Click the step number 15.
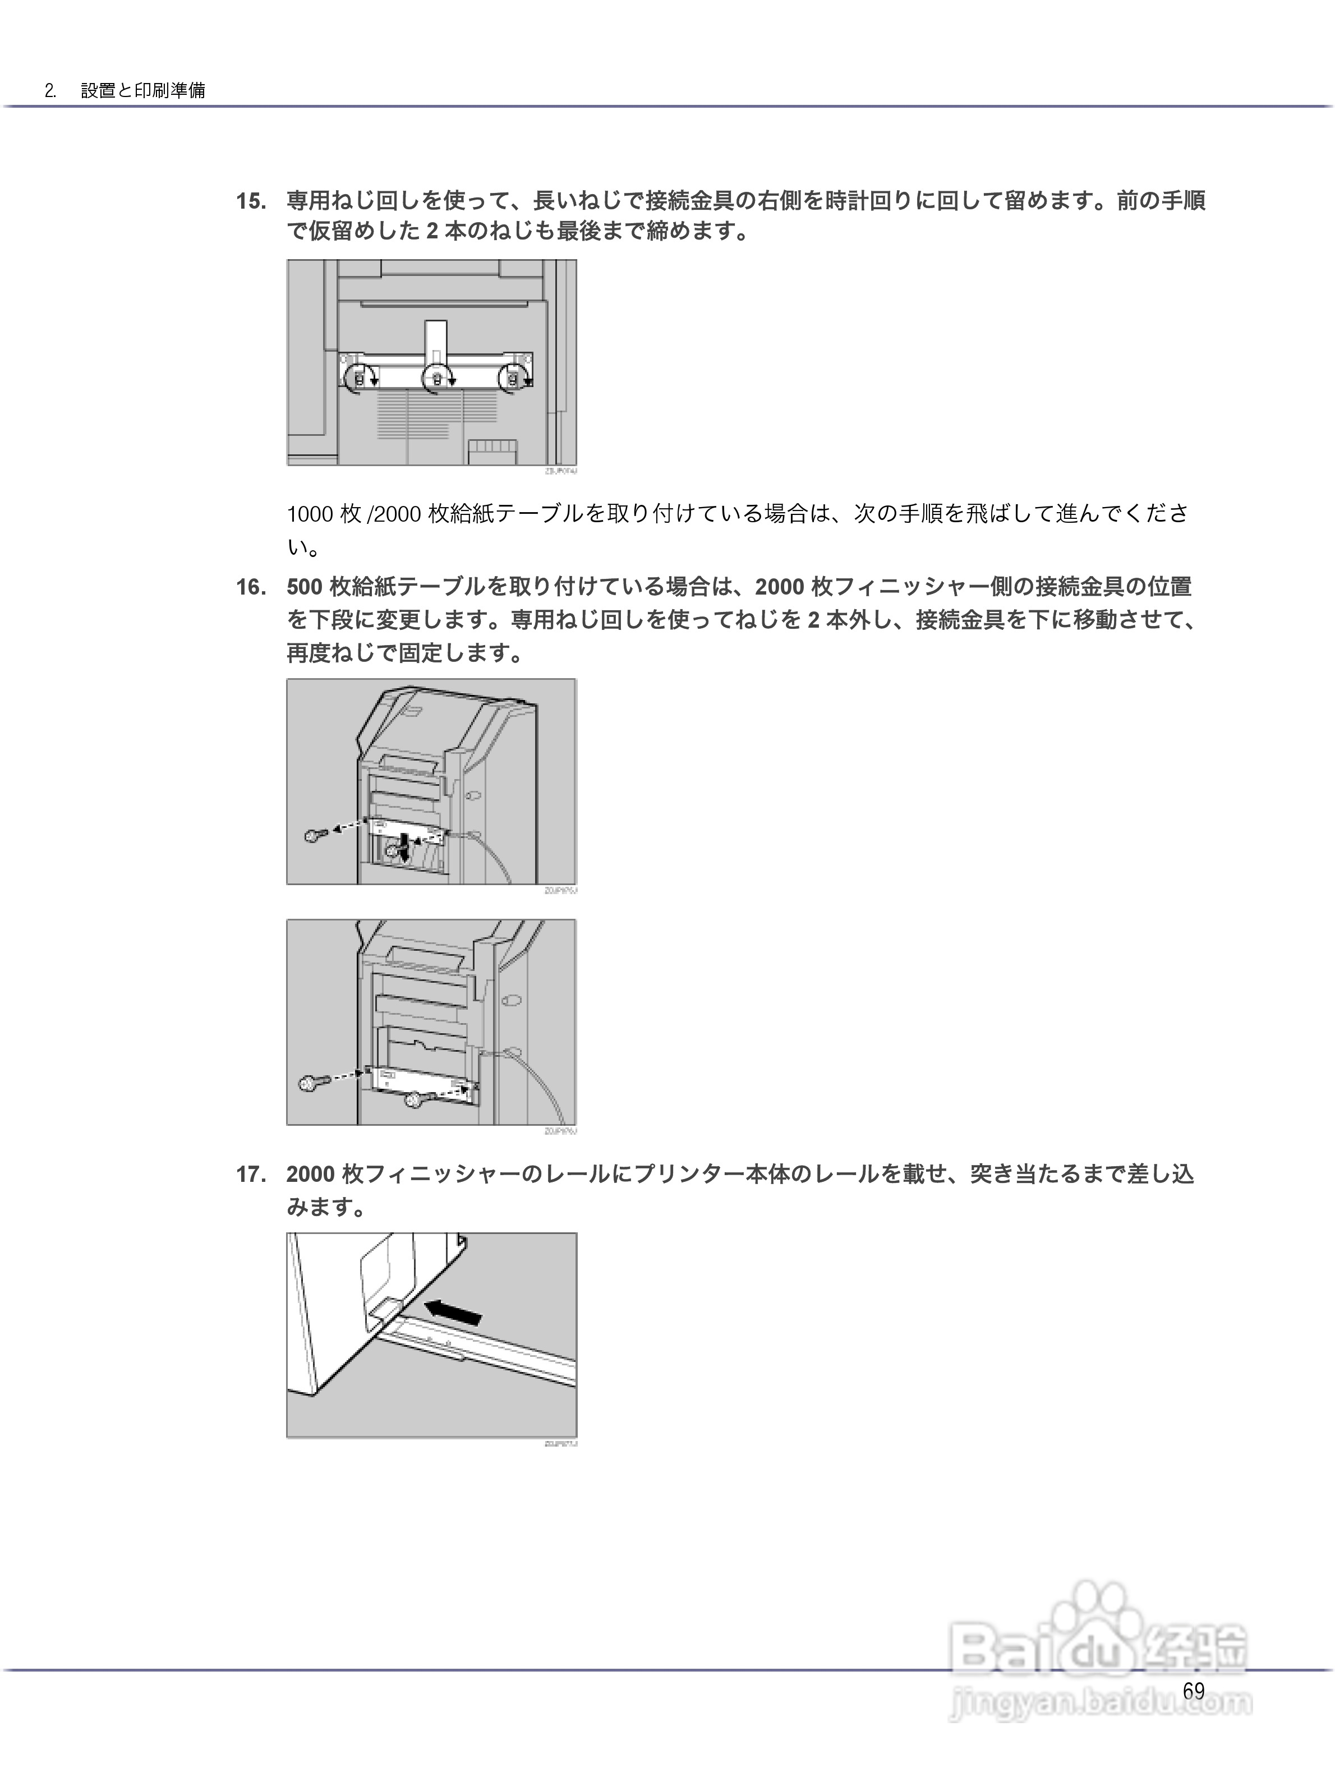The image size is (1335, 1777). (251, 201)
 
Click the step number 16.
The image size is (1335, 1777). (251, 587)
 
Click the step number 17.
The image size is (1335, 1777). (251, 1175)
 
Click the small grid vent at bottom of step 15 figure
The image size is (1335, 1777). (487, 450)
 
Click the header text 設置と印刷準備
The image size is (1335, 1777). (143, 90)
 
